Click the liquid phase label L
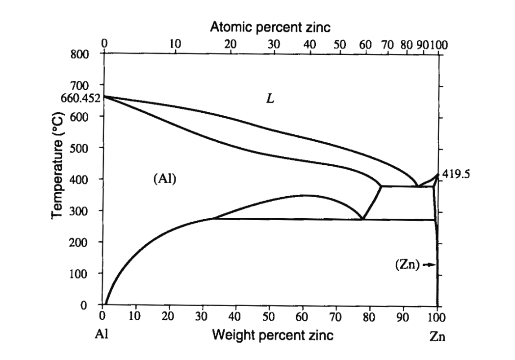(270, 99)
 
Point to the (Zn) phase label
(406, 265)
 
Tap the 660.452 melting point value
(80, 98)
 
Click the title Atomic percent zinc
(270, 27)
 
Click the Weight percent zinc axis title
(273, 335)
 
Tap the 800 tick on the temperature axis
(80, 54)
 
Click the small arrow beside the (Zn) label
(429, 265)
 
